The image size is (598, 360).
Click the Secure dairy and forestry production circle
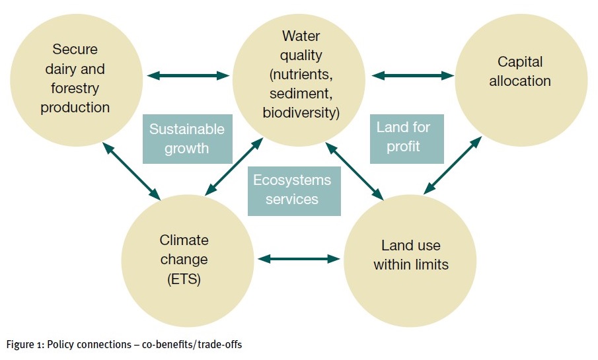[76, 80]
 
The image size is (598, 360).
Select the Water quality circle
[299, 80]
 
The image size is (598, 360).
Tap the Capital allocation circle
[521, 80]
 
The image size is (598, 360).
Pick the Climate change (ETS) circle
[188, 261]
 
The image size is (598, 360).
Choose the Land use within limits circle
[410, 261]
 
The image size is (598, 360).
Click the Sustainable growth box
[188, 139]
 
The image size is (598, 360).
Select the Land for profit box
[407, 139]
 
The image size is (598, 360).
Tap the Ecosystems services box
[294, 191]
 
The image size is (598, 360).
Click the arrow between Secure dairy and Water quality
[188, 75]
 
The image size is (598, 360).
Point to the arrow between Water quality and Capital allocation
[413, 75]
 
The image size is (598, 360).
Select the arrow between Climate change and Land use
[299, 260]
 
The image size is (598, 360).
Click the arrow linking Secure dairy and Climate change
[131, 171]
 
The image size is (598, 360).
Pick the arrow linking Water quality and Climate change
[234, 167]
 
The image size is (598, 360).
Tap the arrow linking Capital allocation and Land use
[453, 166]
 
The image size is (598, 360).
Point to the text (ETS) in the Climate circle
[184, 279]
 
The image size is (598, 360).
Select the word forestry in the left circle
[75, 89]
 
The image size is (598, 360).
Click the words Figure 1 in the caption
[25, 345]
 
